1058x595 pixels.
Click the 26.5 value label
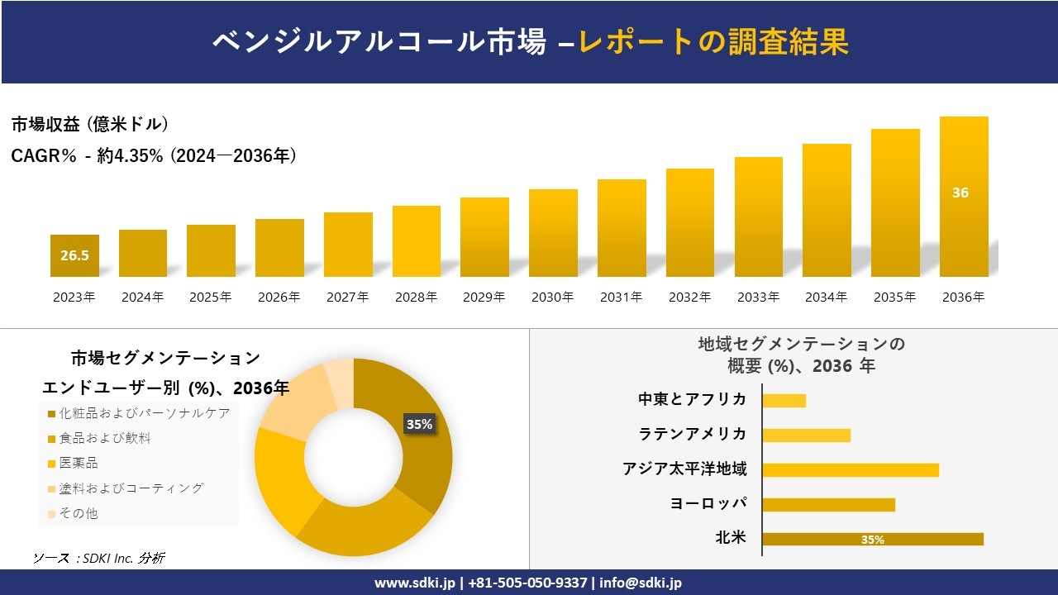tap(74, 255)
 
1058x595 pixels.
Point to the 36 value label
tap(960, 193)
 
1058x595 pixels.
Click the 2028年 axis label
tap(416, 297)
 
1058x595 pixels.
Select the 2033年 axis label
tap(758, 297)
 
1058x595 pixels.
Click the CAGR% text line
tap(154, 155)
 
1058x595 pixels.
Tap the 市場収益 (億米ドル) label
tap(90, 125)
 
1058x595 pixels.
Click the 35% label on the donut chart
tap(419, 424)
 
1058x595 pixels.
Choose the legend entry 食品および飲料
tap(104, 438)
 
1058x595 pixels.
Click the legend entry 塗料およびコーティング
tap(130, 488)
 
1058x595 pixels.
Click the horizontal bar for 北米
tap(873, 540)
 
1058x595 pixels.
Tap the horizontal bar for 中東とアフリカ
tap(784, 400)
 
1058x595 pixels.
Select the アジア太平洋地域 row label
tap(684, 469)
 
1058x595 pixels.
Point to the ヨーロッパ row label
tap(708, 504)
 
